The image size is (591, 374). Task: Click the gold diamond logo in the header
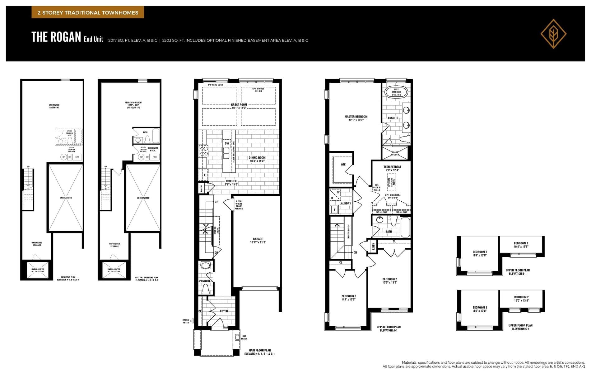[x=553, y=34]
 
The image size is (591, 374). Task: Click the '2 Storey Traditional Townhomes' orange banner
[x=88, y=13]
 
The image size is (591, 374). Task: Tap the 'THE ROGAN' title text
[x=56, y=37]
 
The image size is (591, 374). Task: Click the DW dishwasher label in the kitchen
[x=227, y=143]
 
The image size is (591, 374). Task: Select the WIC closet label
[x=343, y=164]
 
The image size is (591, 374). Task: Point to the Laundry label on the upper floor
[x=345, y=203]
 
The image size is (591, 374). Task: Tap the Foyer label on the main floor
[x=224, y=311]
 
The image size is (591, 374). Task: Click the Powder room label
[x=205, y=281]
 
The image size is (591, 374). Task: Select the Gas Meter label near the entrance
[x=244, y=337]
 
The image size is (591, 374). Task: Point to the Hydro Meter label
[x=186, y=321]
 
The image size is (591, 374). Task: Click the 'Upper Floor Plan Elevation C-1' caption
[x=520, y=327]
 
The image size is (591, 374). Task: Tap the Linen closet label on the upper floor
[x=373, y=246]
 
